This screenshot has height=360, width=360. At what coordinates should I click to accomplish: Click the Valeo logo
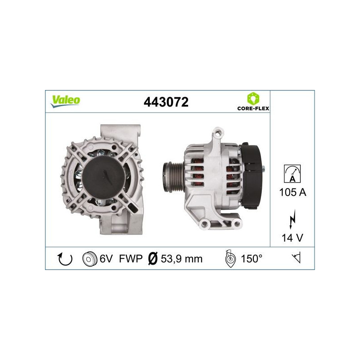(65, 101)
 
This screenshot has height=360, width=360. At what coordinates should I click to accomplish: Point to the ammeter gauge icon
(292, 173)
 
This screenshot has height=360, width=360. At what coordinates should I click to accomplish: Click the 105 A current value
(292, 193)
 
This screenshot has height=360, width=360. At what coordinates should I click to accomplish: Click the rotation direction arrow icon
(66, 259)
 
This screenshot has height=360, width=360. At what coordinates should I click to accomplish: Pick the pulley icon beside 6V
(90, 259)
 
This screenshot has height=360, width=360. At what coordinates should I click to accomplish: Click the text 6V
(106, 259)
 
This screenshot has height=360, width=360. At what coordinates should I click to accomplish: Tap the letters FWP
(130, 259)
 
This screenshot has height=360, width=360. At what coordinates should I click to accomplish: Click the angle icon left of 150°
(229, 259)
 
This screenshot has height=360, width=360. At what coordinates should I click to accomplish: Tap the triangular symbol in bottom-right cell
(296, 258)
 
